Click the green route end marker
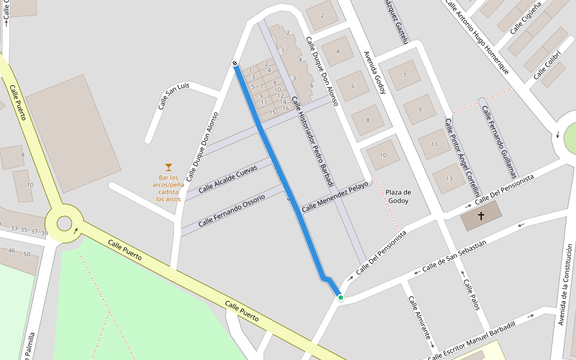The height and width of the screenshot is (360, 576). pos(340,297)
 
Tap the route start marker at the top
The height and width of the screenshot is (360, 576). pos(235,64)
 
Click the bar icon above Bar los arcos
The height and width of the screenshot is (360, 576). pos(169,167)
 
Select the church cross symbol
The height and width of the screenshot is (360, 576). pos(481,215)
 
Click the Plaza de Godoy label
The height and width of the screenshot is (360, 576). pos(398,196)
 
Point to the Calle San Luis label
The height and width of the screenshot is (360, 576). pos(173,96)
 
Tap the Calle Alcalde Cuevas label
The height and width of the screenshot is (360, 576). pos(227,178)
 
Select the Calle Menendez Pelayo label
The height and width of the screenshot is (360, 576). pos(334,197)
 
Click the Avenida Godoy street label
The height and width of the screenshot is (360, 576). pos(374,72)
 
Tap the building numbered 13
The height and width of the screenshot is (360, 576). pos(449,179)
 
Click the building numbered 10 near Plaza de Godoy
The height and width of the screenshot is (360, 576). pos(383,155)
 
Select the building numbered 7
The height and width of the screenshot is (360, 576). pos(404,75)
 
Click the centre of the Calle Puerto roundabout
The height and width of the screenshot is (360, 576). pos(64,223)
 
